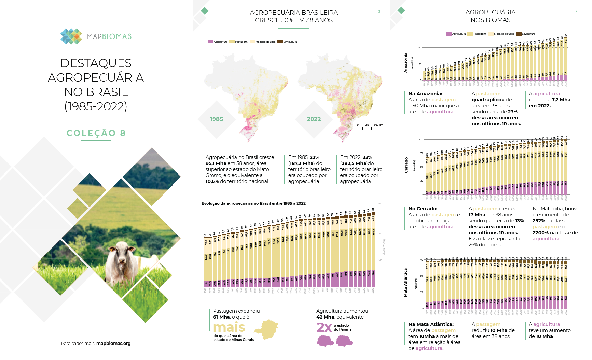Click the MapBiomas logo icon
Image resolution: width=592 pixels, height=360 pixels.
click(x=71, y=36)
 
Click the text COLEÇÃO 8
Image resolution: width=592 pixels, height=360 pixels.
click(x=96, y=133)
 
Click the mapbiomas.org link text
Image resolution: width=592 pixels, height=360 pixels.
click(x=113, y=343)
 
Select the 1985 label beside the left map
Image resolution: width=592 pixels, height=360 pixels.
click(x=216, y=119)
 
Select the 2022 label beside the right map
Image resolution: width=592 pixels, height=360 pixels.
click(x=314, y=119)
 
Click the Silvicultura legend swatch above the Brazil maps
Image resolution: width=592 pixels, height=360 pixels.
click(x=280, y=42)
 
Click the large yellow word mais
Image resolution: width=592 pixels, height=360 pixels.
click(x=229, y=327)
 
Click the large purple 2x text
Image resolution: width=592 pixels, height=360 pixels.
click(x=324, y=327)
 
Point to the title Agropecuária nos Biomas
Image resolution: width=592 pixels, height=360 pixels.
click(x=490, y=16)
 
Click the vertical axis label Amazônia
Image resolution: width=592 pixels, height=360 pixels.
click(x=405, y=63)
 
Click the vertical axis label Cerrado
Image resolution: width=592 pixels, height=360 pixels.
click(x=406, y=165)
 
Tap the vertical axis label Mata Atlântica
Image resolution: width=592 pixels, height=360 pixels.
click(x=405, y=283)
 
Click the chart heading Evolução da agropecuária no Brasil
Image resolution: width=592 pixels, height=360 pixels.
click(x=253, y=203)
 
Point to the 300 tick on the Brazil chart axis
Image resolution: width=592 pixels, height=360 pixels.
click(x=380, y=204)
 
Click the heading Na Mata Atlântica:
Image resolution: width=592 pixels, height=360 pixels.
click(x=431, y=324)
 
